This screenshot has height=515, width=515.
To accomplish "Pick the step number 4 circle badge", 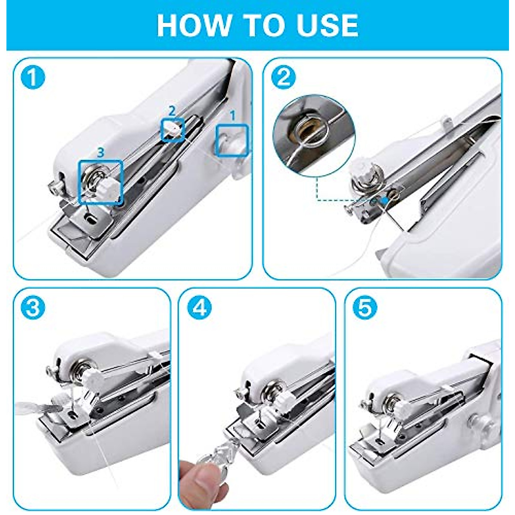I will [199, 307].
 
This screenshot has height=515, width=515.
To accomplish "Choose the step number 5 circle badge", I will [364, 307].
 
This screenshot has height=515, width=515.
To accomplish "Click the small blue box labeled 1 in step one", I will [232, 140].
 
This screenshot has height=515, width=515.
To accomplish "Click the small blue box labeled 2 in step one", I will [173, 129].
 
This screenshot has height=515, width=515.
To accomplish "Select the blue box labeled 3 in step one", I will [100, 182].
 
